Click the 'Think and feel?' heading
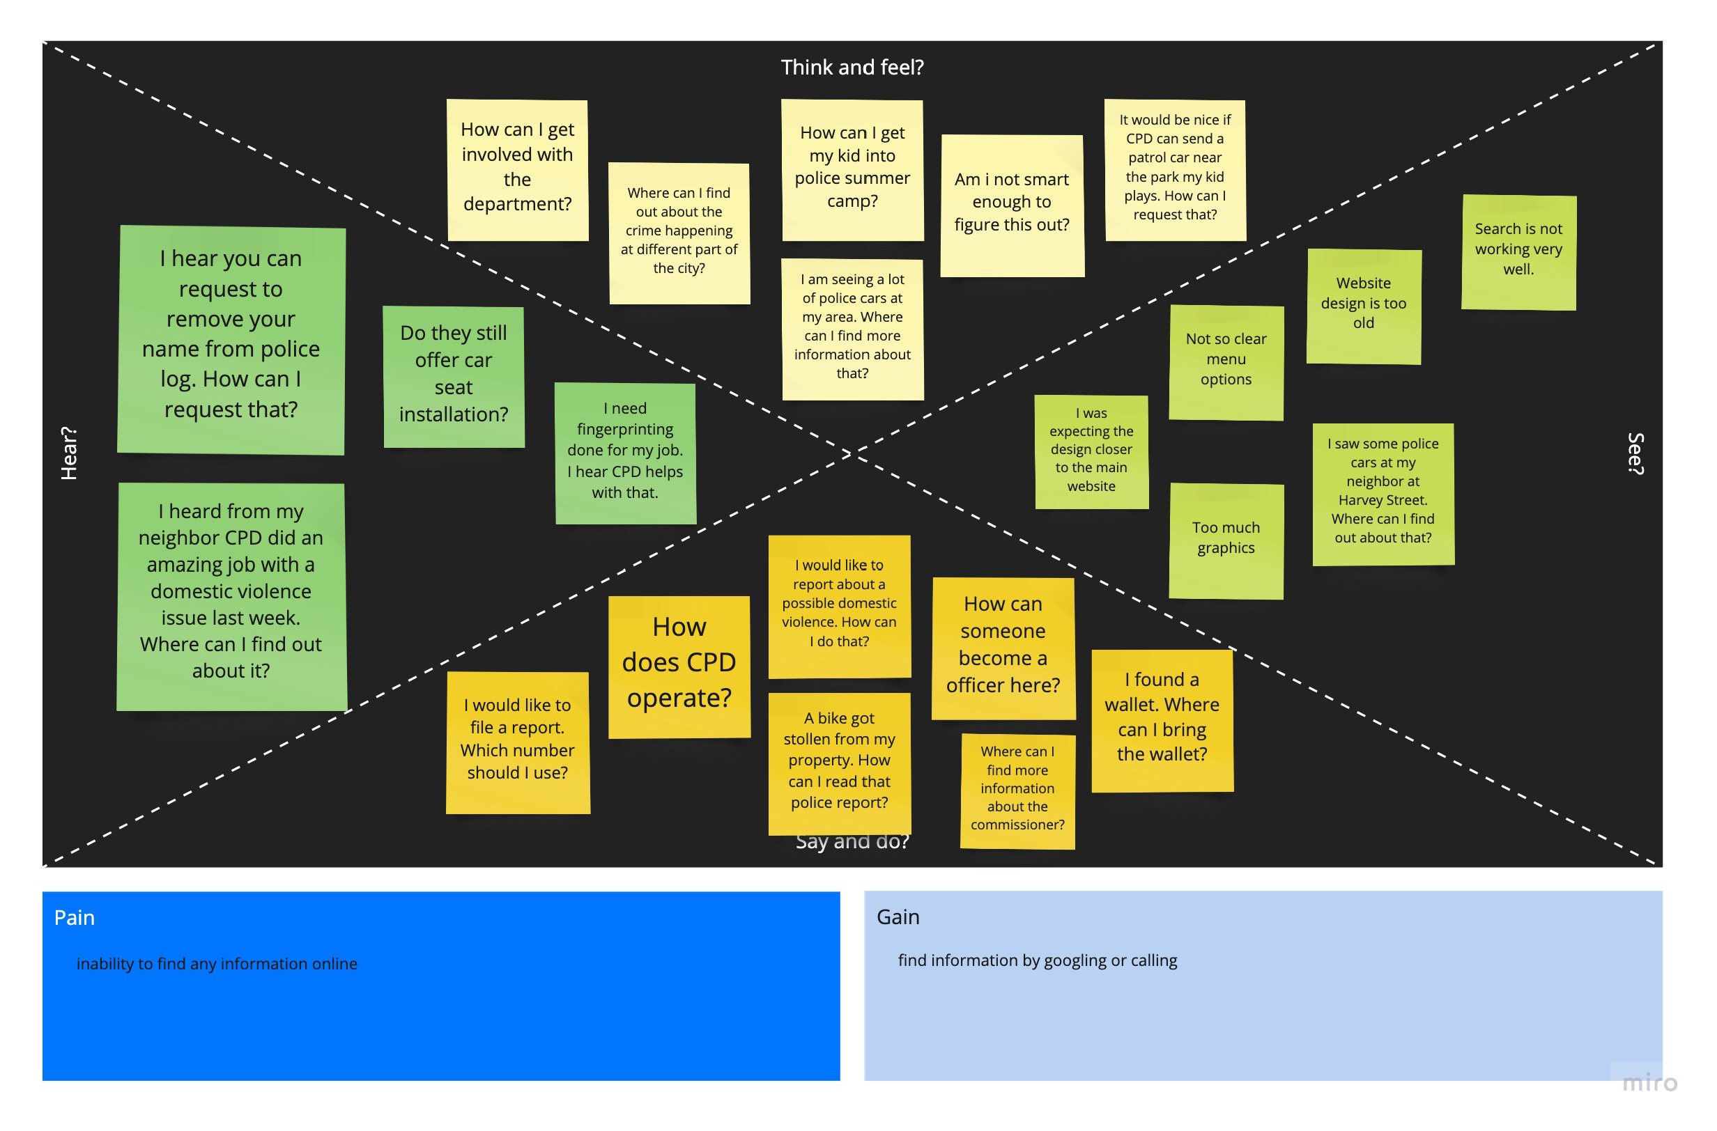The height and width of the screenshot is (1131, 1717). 852,68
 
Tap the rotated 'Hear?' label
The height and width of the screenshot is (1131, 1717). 68,453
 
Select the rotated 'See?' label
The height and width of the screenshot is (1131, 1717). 1635,453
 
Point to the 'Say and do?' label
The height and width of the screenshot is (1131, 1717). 852,842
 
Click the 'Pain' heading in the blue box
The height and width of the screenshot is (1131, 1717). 75,917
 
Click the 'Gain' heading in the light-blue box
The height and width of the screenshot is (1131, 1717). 898,916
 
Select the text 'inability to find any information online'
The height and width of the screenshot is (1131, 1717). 217,964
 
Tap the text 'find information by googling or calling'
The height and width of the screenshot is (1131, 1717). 1037,960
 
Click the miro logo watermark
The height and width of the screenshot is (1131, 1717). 1649,1083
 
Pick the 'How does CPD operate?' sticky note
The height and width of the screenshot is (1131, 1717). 679,667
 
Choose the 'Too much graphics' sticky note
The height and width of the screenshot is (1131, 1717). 1226,540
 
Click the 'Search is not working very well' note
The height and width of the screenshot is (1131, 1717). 1518,251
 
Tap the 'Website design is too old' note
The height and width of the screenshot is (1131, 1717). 1363,306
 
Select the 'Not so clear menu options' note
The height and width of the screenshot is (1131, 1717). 1226,362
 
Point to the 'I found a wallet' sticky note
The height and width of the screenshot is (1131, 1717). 1162,720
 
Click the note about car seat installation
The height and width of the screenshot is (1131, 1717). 453,376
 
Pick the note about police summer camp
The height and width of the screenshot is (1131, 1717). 852,170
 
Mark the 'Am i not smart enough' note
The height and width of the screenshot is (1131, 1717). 1012,205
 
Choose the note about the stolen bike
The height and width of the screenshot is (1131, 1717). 840,763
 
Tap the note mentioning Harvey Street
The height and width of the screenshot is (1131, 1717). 1383,494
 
